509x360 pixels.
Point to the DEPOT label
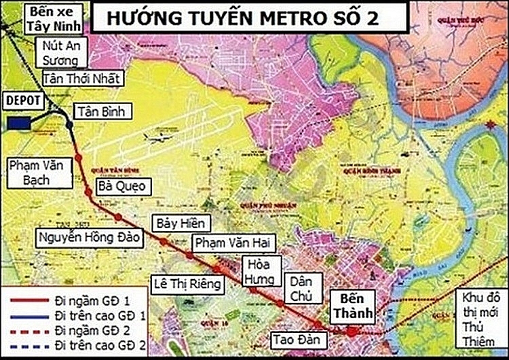pyautogui.click(x=24, y=100)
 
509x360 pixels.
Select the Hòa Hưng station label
pyautogui.click(x=261, y=271)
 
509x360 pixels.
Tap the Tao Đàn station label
pyautogui.click(x=293, y=338)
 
